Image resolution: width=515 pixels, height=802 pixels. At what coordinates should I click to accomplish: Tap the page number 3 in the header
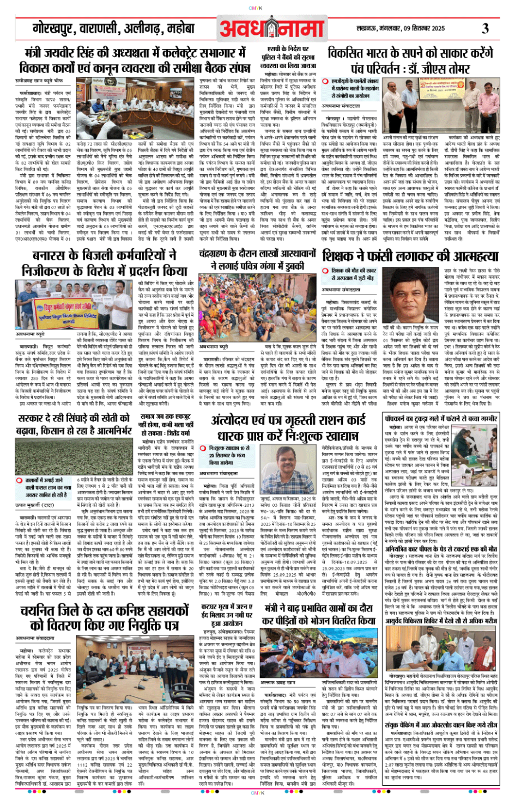click(x=485, y=28)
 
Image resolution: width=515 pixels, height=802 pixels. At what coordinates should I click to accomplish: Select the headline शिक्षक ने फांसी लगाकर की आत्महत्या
click(x=410, y=255)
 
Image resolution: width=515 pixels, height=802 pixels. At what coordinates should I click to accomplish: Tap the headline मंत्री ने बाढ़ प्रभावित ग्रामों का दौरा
click(x=318, y=614)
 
